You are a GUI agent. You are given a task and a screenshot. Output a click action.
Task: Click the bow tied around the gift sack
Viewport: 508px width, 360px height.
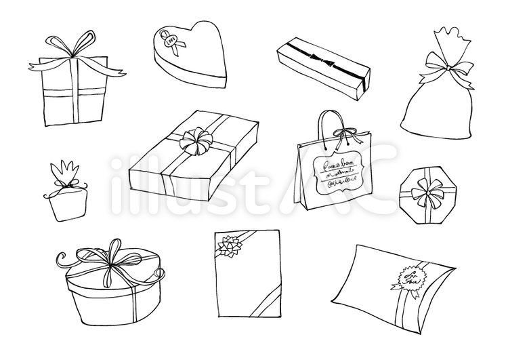click(449, 68)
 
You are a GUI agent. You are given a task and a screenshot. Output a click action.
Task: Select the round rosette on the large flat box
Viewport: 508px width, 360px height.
click(195, 142)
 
